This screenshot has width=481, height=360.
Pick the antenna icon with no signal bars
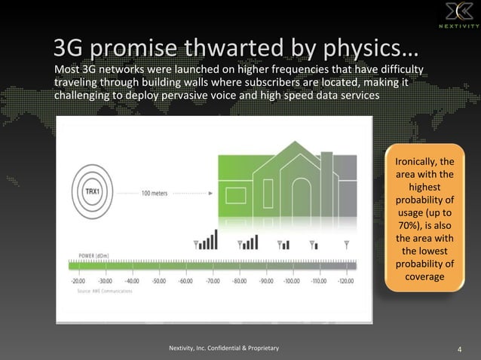tap(346, 244)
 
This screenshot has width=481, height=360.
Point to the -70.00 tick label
tap(213, 280)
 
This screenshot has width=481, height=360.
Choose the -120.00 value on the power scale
tap(346, 280)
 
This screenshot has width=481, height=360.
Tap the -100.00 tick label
tap(293, 280)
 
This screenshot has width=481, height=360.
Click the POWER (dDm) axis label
tap(93, 256)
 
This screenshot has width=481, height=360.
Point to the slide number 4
tap(460, 348)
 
